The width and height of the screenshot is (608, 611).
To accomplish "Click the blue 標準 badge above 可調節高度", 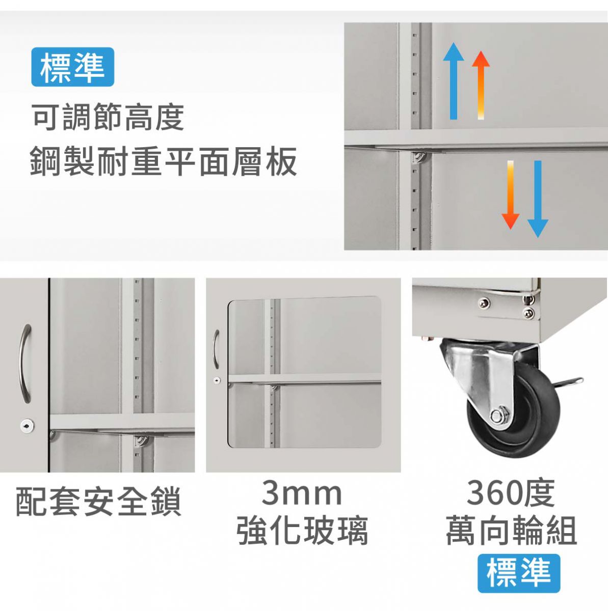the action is pos(73,67).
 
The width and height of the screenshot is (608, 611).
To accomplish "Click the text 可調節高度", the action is pos(108,117).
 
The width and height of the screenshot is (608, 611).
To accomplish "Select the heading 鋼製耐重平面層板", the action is pos(164,161).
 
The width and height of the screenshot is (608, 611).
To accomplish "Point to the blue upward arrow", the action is pos(454,81).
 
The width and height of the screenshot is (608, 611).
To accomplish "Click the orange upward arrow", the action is pos(481,85).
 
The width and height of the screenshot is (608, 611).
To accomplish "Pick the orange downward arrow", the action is pos(510,195).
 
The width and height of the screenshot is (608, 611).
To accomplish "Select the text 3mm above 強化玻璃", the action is pos(302,493).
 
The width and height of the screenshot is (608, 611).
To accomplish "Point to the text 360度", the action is pos(511,493).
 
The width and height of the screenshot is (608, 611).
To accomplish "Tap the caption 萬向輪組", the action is pos(512,531).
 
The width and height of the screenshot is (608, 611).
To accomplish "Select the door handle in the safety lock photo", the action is pos(25,364).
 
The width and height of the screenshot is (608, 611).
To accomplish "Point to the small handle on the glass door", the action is pos(216,349).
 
